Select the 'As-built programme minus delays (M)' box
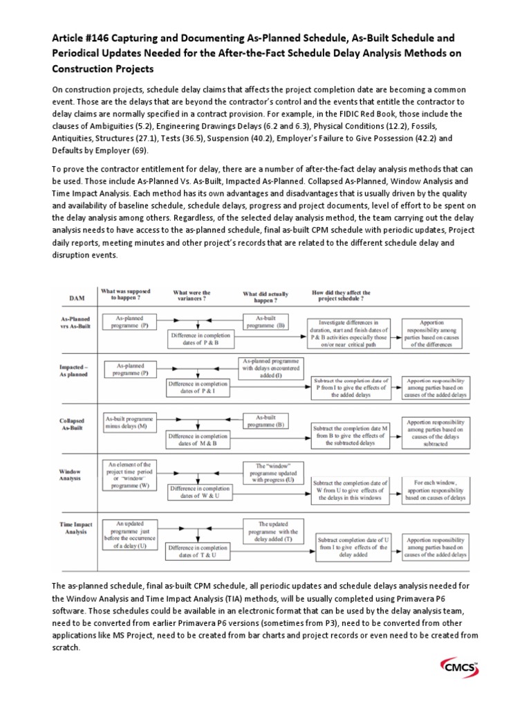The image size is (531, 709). click(x=131, y=422)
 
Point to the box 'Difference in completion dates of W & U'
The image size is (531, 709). click(x=198, y=492)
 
